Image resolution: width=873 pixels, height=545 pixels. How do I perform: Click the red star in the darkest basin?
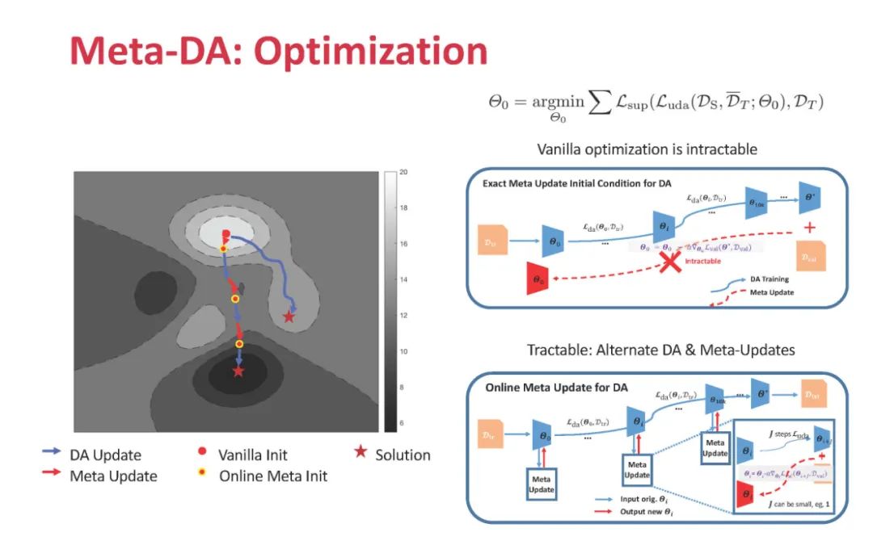coord(238,371)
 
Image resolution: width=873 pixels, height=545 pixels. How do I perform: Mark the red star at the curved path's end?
coord(289,317)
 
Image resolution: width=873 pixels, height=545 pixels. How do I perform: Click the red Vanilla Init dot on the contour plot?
coord(226,233)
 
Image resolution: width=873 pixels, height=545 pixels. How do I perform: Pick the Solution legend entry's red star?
coord(360,453)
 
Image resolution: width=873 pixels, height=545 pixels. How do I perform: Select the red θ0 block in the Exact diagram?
coord(539,279)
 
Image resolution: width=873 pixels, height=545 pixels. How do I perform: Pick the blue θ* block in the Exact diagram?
coord(808,199)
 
